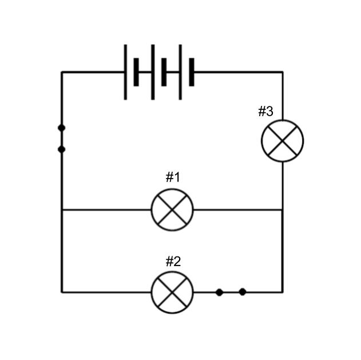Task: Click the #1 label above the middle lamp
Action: [173, 177]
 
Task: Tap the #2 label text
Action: [173, 262]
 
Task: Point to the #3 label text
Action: [265, 111]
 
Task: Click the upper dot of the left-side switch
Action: [61, 128]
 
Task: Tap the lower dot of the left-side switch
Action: [61, 149]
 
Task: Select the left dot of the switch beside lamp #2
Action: [220, 292]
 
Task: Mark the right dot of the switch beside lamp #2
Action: [243, 292]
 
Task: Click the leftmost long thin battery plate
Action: [125, 72]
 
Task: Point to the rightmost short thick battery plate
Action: [192, 72]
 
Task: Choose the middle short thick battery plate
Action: [164, 72]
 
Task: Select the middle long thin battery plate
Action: [153, 72]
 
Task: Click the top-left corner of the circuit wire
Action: [62, 72]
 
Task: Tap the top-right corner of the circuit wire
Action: [283, 72]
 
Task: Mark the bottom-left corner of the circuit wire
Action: [62, 292]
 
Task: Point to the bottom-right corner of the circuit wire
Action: [283, 292]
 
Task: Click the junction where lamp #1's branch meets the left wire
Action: [62, 209]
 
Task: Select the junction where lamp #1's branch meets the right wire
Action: [283, 209]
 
